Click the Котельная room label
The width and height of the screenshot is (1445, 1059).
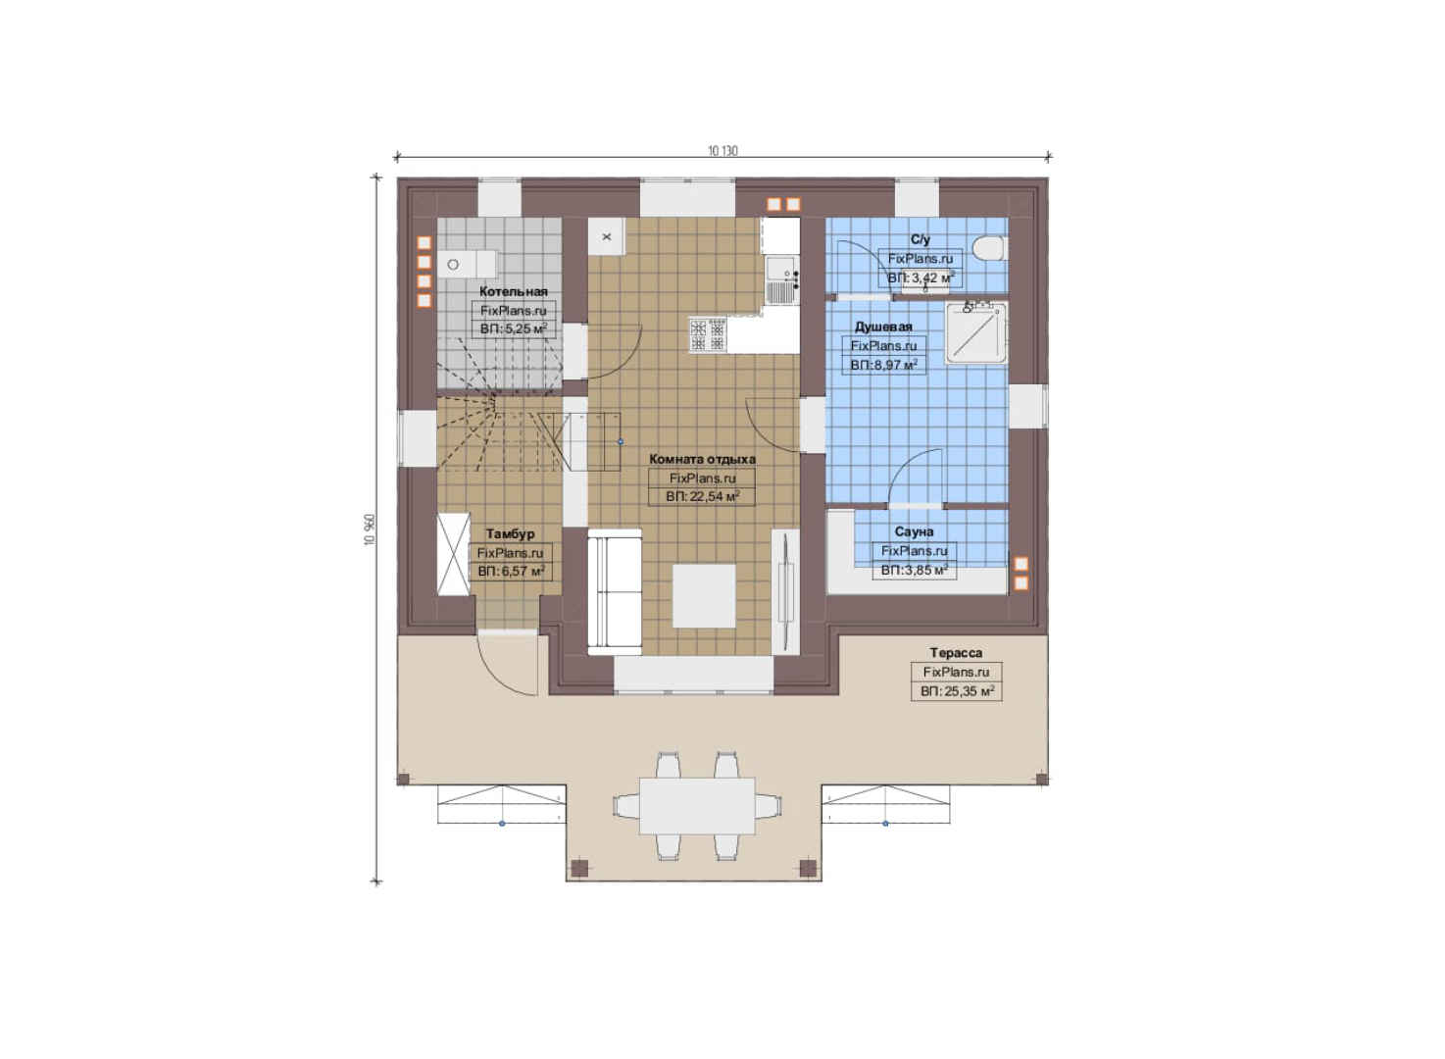click(513, 291)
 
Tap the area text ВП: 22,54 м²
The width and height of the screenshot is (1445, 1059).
click(702, 497)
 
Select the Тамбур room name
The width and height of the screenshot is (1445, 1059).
click(510, 534)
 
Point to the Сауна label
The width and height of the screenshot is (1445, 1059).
click(914, 531)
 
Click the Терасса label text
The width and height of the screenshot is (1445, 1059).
click(956, 652)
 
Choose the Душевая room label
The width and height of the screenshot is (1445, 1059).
click(883, 327)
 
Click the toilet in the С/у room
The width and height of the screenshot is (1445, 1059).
click(989, 249)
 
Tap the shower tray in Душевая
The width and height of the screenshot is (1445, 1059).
click(975, 333)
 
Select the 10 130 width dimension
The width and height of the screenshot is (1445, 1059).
click(722, 151)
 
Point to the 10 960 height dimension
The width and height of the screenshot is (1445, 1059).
click(370, 529)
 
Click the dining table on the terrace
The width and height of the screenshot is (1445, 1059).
click(697, 806)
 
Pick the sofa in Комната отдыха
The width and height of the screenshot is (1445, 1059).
click(615, 592)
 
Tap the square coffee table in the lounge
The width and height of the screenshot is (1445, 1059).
click(704, 595)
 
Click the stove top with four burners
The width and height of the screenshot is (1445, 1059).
click(708, 334)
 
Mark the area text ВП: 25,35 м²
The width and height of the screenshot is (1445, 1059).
click(957, 692)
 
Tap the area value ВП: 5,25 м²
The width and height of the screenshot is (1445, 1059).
click(513, 328)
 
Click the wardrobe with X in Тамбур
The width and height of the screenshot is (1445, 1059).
click(454, 554)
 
